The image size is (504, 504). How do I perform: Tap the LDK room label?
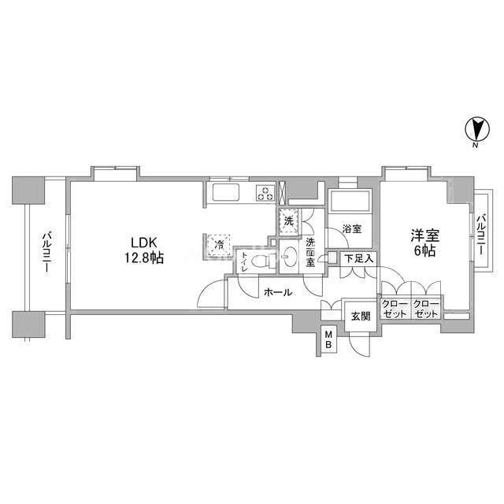[x=143, y=242]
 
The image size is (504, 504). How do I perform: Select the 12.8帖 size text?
[x=144, y=258]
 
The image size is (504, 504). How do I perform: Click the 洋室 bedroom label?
[x=425, y=236]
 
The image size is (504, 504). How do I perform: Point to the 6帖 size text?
[x=424, y=250]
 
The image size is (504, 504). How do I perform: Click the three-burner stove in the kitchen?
[x=265, y=193]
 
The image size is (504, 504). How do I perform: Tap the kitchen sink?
[x=224, y=192]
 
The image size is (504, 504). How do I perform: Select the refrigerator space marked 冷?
[x=219, y=245]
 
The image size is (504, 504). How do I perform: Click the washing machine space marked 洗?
[x=289, y=221]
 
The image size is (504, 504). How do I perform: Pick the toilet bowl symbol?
[x=261, y=260]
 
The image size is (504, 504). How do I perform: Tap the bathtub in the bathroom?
[x=350, y=202]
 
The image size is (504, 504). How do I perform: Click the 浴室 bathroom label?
[x=352, y=229]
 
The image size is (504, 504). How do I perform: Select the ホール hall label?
[x=278, y=292]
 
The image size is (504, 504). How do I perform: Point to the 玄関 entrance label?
[x=361, y=317]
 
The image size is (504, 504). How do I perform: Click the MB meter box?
[x=328, y=339]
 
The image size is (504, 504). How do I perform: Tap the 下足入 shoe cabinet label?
[x=359, y=259]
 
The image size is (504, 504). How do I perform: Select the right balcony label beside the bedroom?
[x=481, y=235]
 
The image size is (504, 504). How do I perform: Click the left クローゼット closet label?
[x=395, y=309]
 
